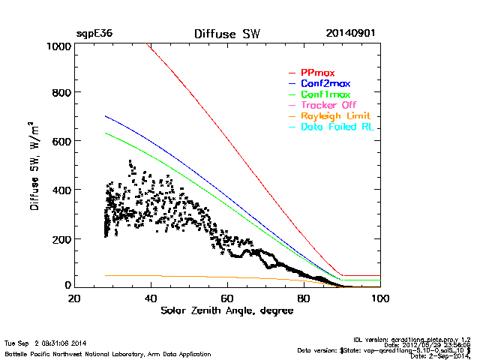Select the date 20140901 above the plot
click(351, 34)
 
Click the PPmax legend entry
click(317, 73)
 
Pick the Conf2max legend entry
click(325, 84)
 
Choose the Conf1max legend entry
click(325, 95)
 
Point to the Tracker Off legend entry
click(328, 106)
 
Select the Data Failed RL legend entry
click(337, 127)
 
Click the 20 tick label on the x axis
click(74, 298)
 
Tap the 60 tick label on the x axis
click(227, 298)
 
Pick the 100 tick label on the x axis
click(380, 298)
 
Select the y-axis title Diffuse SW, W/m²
click(35, 166)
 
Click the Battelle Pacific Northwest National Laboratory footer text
click(108, 353)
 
